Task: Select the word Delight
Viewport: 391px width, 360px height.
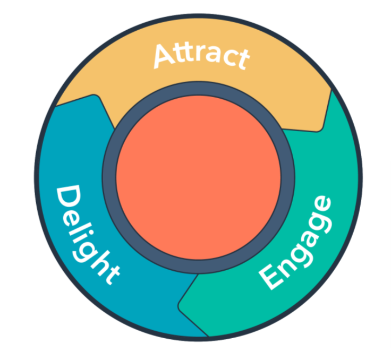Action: click(x=86, y=234)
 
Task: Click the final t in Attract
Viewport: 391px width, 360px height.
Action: click(x=240, y=59)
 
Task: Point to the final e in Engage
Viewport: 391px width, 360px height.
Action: click(x=322, y=204)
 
